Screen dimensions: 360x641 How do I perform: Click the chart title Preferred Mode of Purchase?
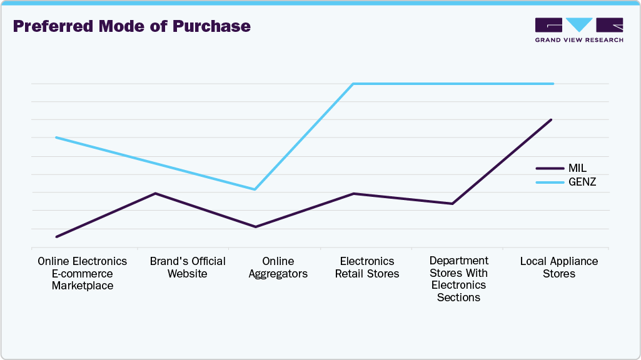click(x=131, y=26)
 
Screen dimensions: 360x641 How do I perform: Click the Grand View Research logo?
click(x=578, y=30)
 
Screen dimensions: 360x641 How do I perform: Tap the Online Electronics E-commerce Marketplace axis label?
click(x=83, y=273)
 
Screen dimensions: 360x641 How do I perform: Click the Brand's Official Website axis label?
click(x=188, y=267)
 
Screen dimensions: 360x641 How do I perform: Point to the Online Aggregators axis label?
click(x=278, y=267)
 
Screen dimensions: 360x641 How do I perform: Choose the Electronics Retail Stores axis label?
click(x=367, y=267)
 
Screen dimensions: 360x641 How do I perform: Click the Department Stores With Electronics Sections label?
click(x=458, y=279)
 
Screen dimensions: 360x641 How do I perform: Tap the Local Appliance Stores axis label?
click(x=559, y=267)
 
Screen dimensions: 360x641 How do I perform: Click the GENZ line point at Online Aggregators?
click(x=255, y=189)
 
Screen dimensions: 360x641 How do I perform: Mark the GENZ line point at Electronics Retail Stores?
click(x=353, y=84)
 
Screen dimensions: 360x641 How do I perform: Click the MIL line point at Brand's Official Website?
click(x=155, y=193)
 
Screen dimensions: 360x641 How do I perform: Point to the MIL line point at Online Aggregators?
click(x=255, y=227)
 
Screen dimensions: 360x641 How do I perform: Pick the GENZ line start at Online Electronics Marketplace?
click(x=56, y=137)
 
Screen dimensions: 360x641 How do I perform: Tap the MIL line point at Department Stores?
click(x=452, y=204)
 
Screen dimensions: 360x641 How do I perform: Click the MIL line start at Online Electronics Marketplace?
click(x=56, y=237)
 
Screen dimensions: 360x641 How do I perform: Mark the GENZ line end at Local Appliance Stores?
click(x=553, y=84)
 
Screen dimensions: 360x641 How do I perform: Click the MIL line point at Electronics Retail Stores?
click(x=353, y=194)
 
